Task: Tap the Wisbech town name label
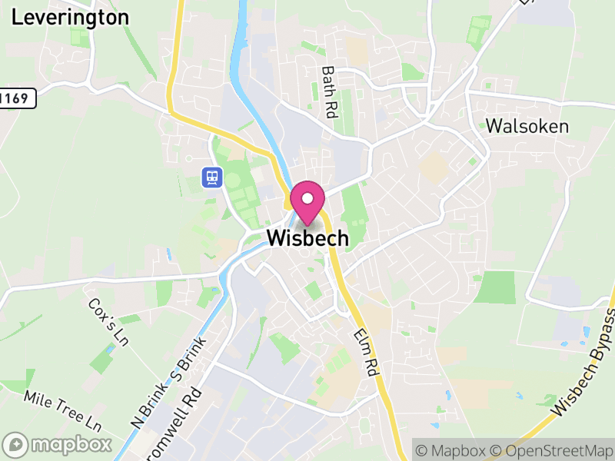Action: click(x=307, y=238)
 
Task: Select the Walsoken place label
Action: click(x=527, y=126)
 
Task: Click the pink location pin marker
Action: click(x=307, y=204)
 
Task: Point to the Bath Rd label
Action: click(x=330, y=91)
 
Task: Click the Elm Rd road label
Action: click(x=367, y=352)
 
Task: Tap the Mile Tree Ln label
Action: click(x=63, y=410)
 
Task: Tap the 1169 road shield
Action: click(x=17, y=98)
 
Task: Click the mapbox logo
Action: click(x=58, y=444)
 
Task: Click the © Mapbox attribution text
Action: click(x=451, y=449)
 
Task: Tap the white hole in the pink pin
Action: click(x=307, y=197)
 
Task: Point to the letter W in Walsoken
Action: click(x=495, y=126)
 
